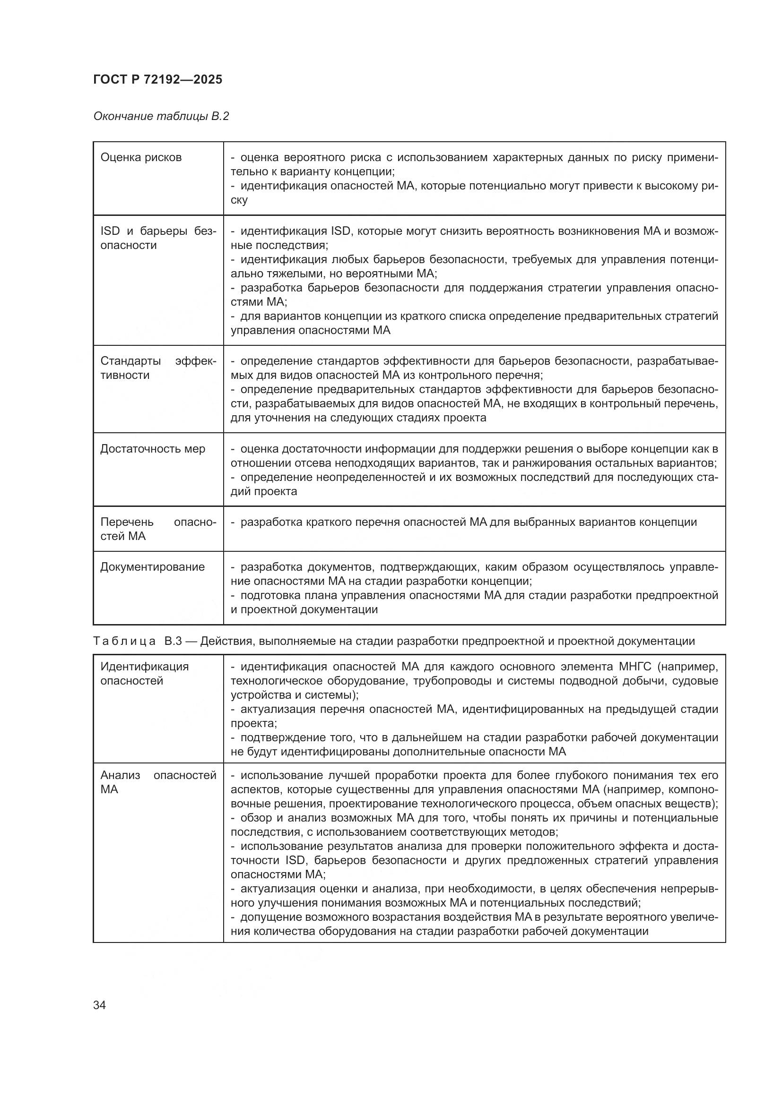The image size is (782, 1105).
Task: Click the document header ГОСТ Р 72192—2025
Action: point(157,79)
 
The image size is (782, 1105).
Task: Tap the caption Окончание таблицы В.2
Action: point(161,116)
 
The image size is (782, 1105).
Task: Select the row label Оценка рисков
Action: point(140,157)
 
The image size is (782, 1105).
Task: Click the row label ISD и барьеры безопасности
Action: point(158,238)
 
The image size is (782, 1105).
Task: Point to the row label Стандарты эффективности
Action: point(158,368)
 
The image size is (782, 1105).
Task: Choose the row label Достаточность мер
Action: point(153,448)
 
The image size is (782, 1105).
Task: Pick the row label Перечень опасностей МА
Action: point(158,529)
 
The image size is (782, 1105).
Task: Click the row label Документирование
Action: point(152,566)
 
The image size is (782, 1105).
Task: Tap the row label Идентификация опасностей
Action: point(145,673)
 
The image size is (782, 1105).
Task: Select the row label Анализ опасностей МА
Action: point(158,782)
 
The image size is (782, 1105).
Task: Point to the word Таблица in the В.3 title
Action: point(124,641)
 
